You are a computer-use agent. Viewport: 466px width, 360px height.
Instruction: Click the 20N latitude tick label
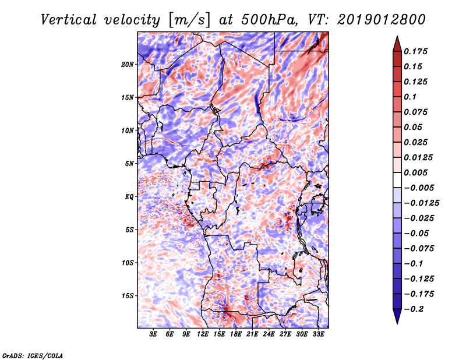click(x=128, y=64)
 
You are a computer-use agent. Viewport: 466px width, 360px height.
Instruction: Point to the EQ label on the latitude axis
click(x=129, y=197)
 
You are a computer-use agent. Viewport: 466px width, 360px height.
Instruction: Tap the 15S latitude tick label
click(x=128, y=296)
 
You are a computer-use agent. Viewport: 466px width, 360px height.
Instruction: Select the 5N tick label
click(x=129, y=164)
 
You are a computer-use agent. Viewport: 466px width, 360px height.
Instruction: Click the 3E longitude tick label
click(x=153, y=334)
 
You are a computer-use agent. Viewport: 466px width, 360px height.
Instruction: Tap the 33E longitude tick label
click(x=319, y=334)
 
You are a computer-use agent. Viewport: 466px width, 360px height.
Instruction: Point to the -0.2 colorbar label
click(x=415, y=309)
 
